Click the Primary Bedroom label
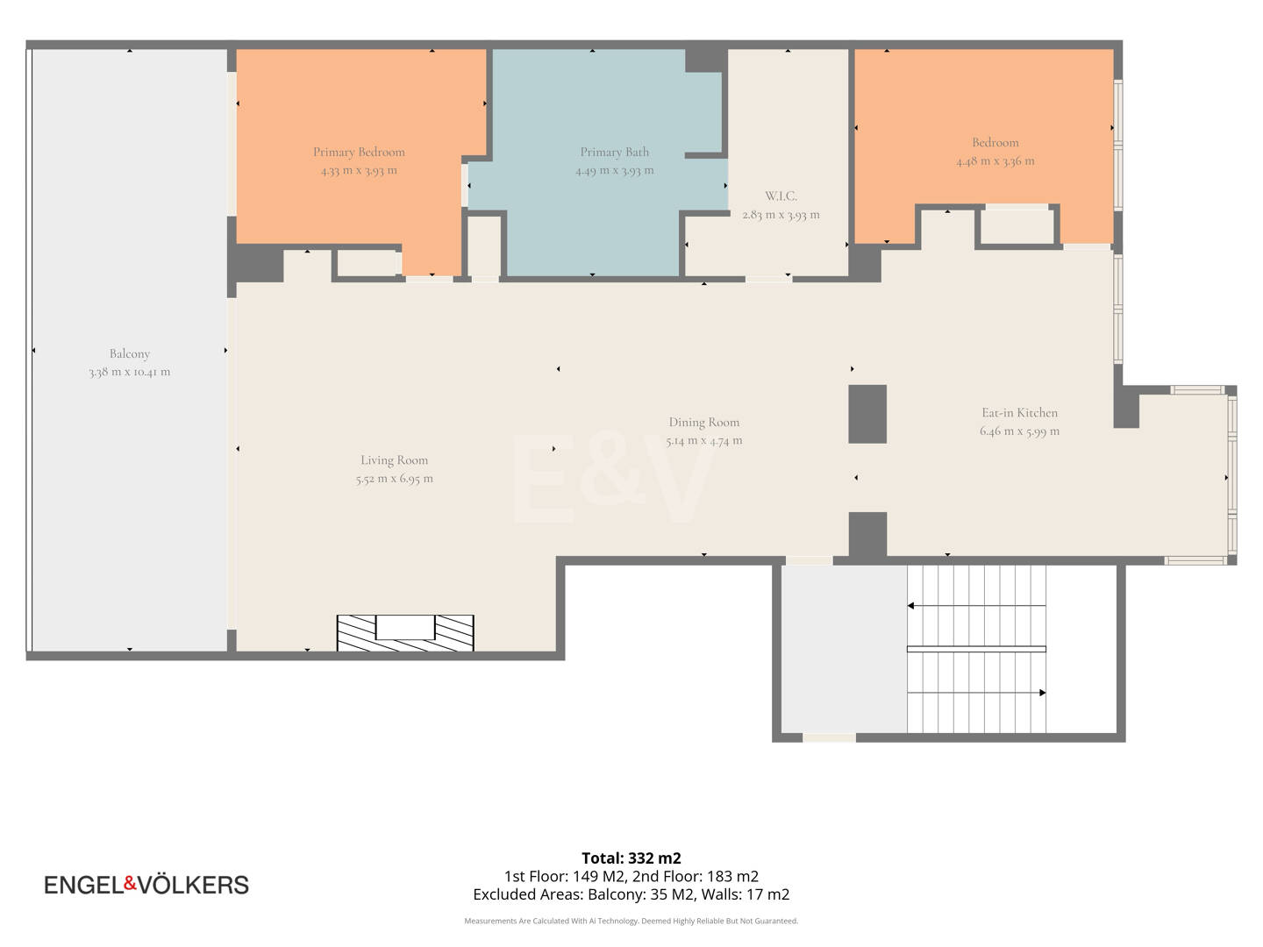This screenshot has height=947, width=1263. point(359,152)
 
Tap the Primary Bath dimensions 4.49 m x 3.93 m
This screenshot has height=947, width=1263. point(615,170)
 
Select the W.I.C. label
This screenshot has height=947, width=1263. point(781,196)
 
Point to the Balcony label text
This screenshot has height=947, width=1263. point(130,353)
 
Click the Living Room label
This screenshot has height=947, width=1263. point(394,460)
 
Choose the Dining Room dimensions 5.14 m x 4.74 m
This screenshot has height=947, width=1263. point(704,440)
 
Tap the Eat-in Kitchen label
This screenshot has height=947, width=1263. point(1019,412)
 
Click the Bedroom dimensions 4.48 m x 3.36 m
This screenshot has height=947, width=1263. point(995,161)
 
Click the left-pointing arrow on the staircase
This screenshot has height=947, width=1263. point(976,605)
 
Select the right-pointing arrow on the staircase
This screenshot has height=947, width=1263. point(976,693)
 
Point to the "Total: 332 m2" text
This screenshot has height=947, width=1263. point(631,858)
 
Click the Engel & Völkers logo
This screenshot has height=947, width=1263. point(146,885)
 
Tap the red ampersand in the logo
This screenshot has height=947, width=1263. point(131,883)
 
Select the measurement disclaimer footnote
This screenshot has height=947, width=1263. point(631,921)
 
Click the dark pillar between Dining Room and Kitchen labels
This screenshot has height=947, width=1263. point(867,414)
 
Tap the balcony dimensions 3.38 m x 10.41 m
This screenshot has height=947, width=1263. point(130,372)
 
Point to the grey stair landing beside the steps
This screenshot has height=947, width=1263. point(844,649)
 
